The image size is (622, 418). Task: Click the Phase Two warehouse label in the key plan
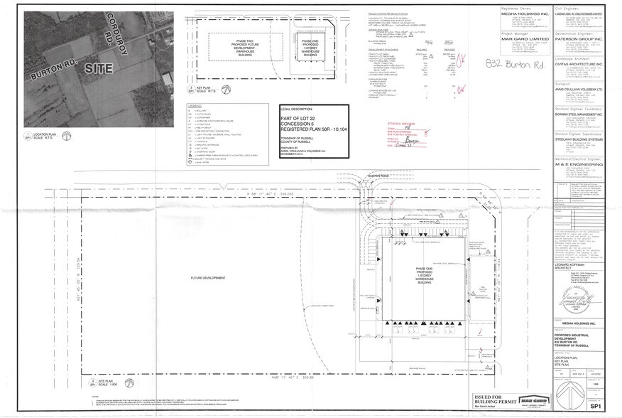(x=239, y=48)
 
